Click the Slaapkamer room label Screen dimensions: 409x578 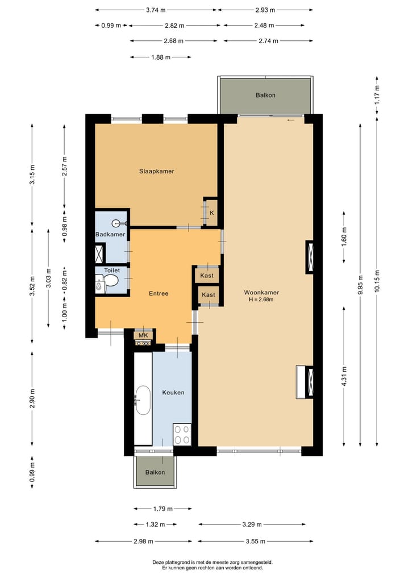(x=157, y=171)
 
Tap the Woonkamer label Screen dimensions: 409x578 (x=261, y=292)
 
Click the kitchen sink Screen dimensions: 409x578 (x=143, y=400)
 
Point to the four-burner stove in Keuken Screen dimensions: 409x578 (x=182, y=435)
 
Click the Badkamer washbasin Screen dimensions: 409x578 (x=119, y=223)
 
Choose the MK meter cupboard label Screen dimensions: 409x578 (x=143, y=335)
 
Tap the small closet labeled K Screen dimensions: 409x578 (x=211, y=213)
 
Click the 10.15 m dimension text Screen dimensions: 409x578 (x=377, y=281)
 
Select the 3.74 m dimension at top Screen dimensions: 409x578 (x=156, y=10)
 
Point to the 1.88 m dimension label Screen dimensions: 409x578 (x=161, y=57)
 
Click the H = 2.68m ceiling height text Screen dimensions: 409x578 (x=261, y=300)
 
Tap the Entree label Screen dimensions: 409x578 (x=158, y=293)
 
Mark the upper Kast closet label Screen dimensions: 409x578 (x=207, y=276)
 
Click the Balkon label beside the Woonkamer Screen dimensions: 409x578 (x=265, y=95)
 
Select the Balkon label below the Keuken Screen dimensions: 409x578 (x=155, y=472)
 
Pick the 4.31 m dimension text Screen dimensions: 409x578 (x=344, y=376)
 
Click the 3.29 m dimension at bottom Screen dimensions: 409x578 (x=252, y=524)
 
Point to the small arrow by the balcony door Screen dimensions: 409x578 (x=291, y=120)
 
